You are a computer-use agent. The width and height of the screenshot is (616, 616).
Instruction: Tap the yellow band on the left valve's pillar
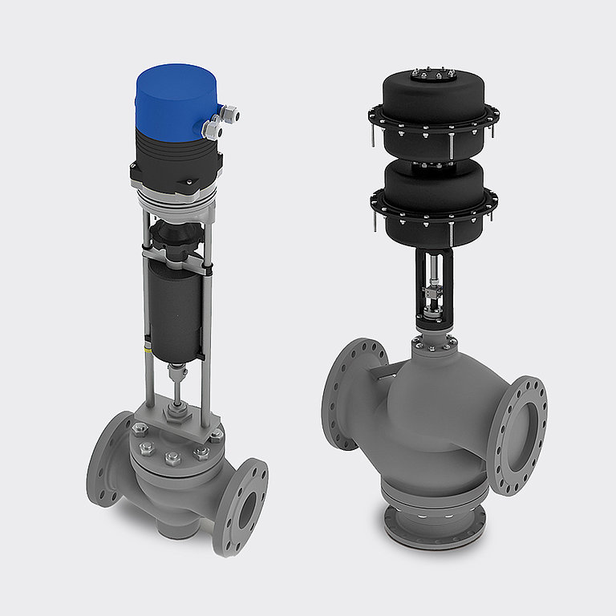coord(146,351)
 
